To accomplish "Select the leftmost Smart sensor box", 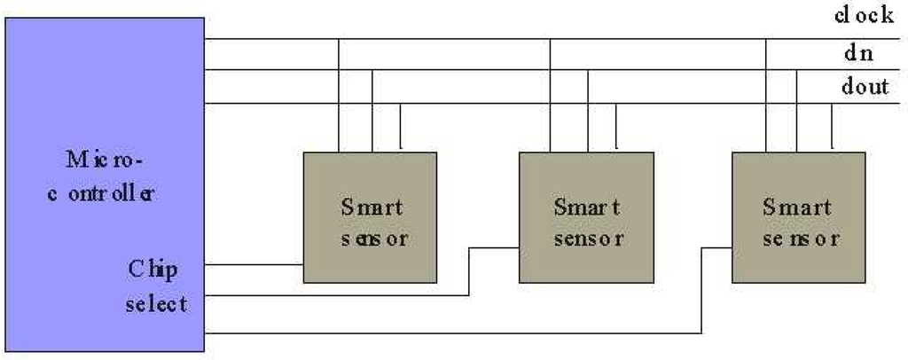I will (370, 218).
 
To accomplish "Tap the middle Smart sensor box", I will (586, 218).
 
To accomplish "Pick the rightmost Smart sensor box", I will (799, 218).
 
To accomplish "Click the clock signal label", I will (864, 16).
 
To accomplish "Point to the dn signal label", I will (857, 53).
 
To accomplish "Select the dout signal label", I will (865, 87).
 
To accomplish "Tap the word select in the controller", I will (156, 303).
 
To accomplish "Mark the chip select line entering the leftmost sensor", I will (257, 264).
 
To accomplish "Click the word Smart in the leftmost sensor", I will (372, 207).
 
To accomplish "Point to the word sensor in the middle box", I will (587, 239).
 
